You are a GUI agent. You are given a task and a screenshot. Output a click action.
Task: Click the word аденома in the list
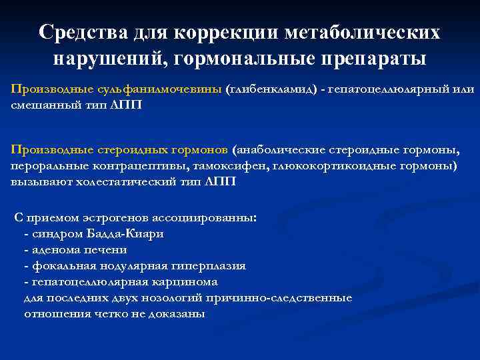(x=52, y=250)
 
